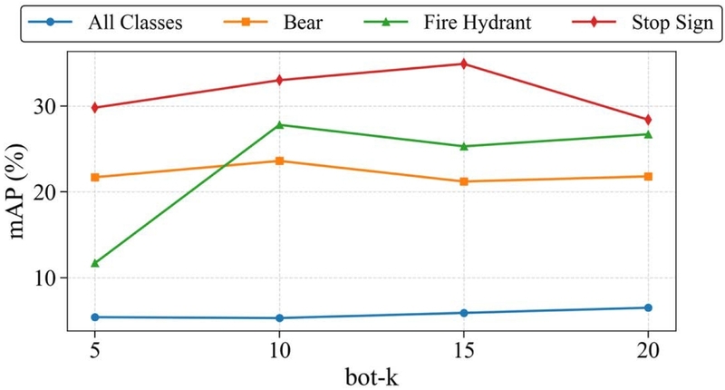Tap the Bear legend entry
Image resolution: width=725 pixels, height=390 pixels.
[307, 21]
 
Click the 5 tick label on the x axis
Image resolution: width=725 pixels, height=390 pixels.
[95, 349]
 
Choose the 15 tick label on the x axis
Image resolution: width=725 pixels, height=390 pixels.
[463, 349]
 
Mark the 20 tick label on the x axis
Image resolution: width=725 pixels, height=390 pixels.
[647, 349]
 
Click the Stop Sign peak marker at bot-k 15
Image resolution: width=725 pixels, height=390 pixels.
[463, 63]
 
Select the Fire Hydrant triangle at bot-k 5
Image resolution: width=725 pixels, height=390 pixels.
[95, 263]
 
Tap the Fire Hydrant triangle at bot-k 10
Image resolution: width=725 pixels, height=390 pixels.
[279, 124]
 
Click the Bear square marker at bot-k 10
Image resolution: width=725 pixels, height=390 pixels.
[279, 161]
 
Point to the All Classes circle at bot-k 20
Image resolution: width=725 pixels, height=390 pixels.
[647, 307]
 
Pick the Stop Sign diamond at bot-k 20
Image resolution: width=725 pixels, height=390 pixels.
[647, 120]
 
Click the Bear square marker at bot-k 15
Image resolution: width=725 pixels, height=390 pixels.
[463, 181]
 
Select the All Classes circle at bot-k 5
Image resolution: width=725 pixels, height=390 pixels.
[95, 317]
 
